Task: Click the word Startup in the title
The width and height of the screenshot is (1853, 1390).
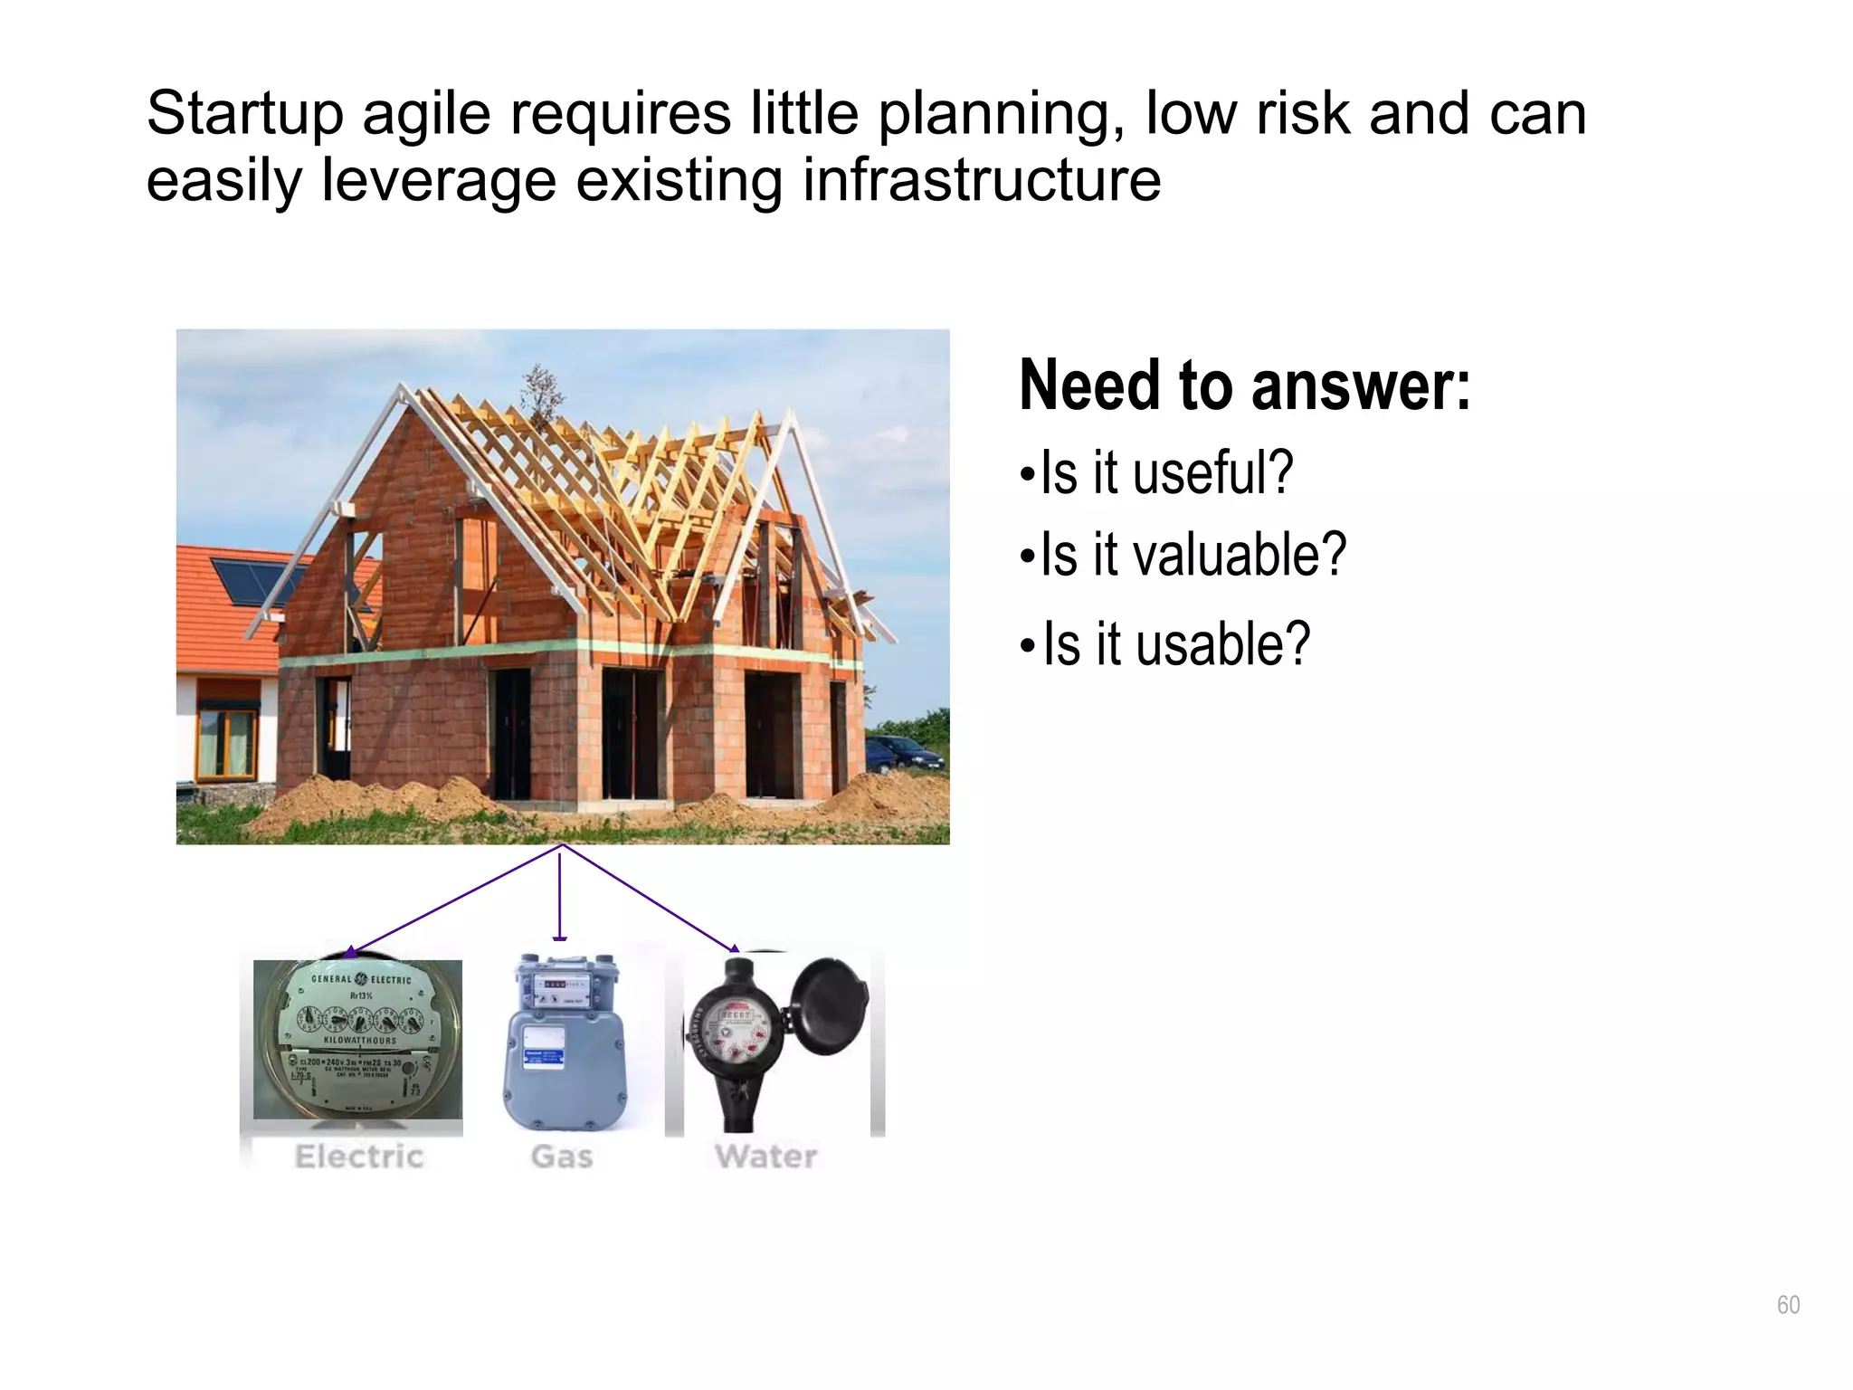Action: (x=244, y=116)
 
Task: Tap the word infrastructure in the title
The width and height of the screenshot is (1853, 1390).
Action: (x=982, y=180)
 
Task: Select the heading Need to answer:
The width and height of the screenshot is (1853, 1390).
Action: (x=1244, y=386)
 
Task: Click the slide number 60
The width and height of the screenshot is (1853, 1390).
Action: (x=1788, y=1305)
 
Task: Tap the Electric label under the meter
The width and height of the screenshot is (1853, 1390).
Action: (x=359, y=1157)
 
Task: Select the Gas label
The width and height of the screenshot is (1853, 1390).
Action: (x=562, y=1157)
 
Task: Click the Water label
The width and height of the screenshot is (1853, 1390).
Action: (x=765, y=1157)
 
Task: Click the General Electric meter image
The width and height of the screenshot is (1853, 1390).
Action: (x=357, y=1039)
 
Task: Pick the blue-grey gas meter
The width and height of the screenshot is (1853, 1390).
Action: (x=564, y=1050)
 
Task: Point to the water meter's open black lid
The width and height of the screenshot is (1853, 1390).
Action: (x=825, y=1004)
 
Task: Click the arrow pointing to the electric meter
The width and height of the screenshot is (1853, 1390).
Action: (x=452, y=900)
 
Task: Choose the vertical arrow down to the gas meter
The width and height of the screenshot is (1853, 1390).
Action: (x=560, y=896)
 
